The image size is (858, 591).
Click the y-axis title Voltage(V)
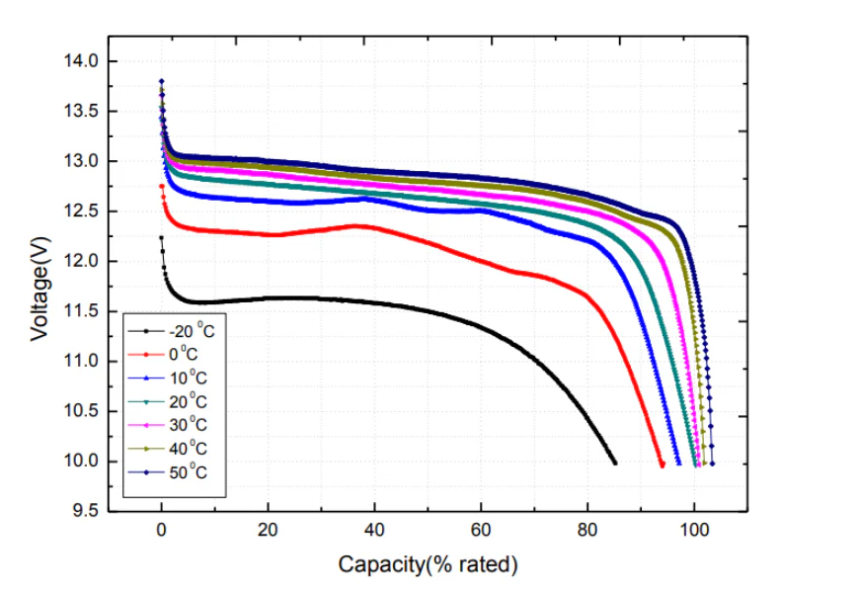(39, 287)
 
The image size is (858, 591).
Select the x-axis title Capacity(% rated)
(428, 565)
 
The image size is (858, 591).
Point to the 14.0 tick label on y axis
(82, 61)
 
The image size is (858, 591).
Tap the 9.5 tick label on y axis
(86, 512)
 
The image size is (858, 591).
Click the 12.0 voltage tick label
(82, 262)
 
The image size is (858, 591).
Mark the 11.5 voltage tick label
(82, 311)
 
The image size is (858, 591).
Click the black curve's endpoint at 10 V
(614, 462)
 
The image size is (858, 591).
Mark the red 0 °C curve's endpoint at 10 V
(662, 464)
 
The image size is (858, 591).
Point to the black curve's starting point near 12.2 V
(161, 238)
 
